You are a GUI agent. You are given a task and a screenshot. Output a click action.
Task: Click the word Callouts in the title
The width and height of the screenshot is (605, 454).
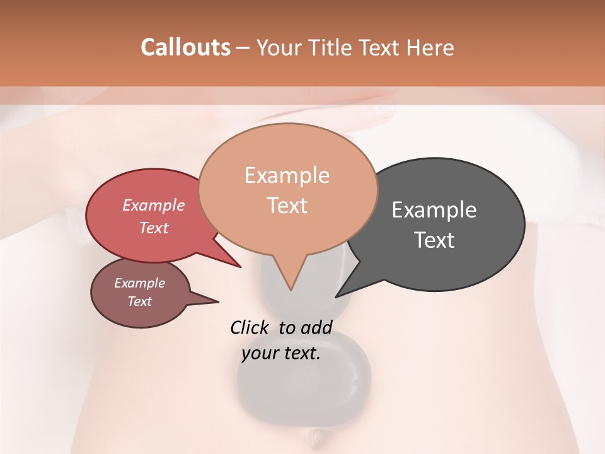click(x=185, y=47)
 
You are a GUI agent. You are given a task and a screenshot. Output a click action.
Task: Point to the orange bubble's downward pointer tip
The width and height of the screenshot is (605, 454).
click(x=290, y=288)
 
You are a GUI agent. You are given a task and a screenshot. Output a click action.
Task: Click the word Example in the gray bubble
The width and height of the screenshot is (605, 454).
click(x=434, y=209)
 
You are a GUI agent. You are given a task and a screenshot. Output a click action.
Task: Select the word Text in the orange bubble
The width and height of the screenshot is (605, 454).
click(x=287, y=206)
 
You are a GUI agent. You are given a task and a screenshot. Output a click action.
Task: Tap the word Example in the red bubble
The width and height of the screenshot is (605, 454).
click(x=154, y=206)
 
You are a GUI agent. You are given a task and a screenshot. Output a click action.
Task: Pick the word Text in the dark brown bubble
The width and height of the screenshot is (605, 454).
click(x=140, y=301)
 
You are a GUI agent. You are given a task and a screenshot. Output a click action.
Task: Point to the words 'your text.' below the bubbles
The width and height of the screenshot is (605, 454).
click(x=281, y=353)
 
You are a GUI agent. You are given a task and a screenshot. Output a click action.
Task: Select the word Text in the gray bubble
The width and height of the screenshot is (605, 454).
click(x=434, y=240)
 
